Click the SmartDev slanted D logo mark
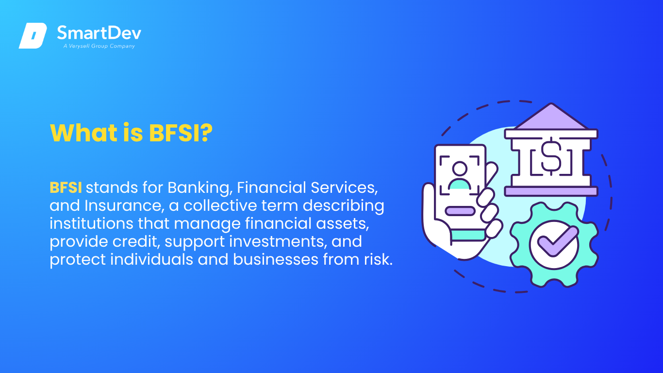point(33,35)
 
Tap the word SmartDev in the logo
point(99,33)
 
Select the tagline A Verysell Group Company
point(99,46)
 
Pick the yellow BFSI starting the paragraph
point(66,187)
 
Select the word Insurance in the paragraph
point(124,206)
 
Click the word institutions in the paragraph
point(91,223)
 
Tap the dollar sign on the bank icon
point(551,156)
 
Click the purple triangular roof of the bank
point(551,117)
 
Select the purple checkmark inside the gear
point(558,241)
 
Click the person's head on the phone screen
point(460,169)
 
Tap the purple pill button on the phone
point(460,211)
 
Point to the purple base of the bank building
point(551,191)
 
